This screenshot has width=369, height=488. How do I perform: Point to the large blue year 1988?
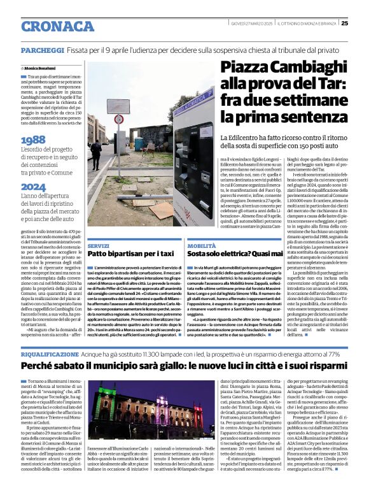coord(33,140)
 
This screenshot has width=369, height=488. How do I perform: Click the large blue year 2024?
coord(33,187)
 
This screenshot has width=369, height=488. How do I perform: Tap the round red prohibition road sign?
coord(118,119)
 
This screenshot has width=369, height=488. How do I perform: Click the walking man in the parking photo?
coord(95,153)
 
